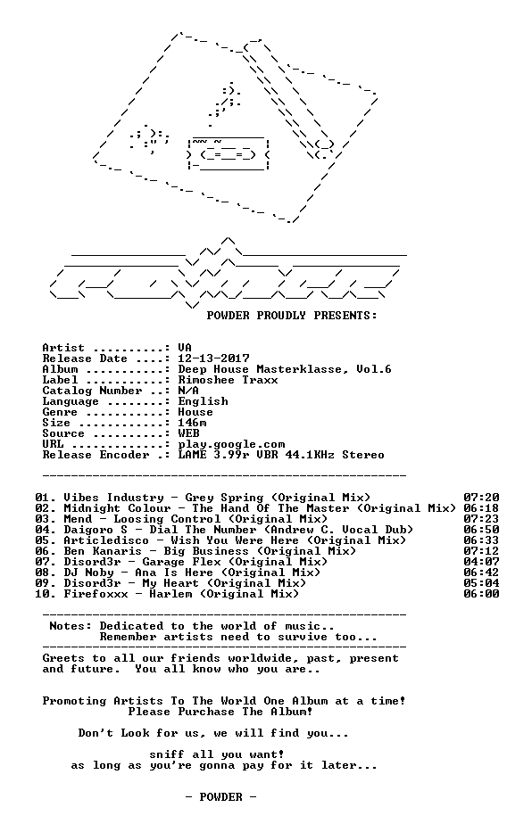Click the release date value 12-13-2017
(x=213, y=358)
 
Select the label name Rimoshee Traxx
(x=228, y=380)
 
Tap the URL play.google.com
(x=231, y=445)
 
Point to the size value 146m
(x=192, y=423)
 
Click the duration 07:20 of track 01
(x=481, y=497)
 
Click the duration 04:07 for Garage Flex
(x=481, y=562)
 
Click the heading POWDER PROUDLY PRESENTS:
(x=292, y=316)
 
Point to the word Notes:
(x=71, y=626)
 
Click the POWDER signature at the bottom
(x=220, y=797)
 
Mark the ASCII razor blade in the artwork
(x=229, y=153)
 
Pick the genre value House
(x=195, y=412)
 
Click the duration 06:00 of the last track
(x=481, y=594)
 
